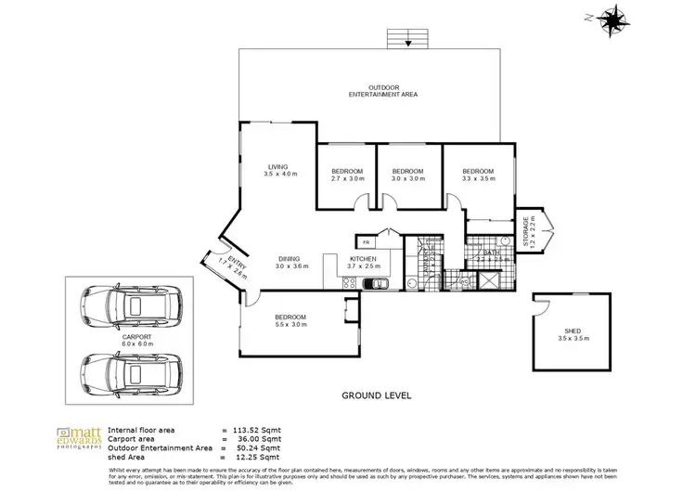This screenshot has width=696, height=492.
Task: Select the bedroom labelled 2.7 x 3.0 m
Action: pos(348,175)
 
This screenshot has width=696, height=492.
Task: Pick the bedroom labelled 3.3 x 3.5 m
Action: pos(477,175)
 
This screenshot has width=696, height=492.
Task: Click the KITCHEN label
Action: pos(363,262)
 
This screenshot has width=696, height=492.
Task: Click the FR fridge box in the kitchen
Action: pos(366,241)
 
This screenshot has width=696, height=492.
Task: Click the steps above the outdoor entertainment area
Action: pos(406,38)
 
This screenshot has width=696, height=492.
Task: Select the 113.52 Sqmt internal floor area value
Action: pos(256,431)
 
